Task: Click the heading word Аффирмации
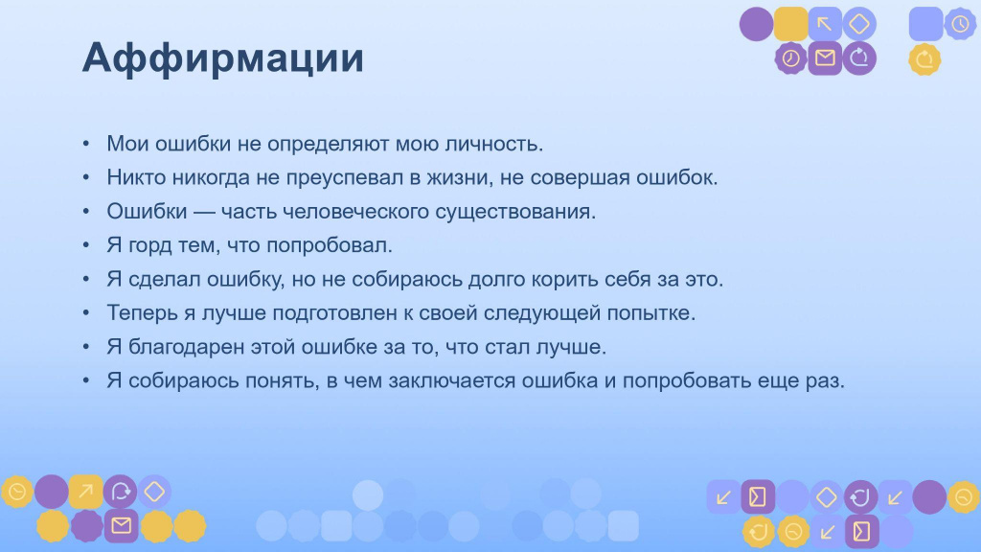[x=222, y=58]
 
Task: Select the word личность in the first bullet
[x=493, y=144]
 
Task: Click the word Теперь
[x=142, y=313]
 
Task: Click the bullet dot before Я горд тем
[x=86, y=245]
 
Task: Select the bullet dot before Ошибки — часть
[x=86, y=212]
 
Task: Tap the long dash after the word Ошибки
[x=204, y=212]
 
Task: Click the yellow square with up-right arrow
[x=85, y=492]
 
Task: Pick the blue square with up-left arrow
[x=825, y=24]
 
